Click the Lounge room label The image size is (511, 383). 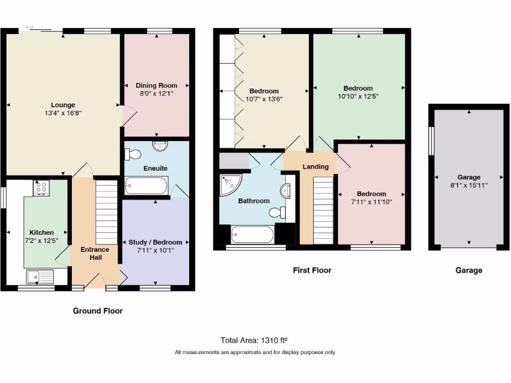[x=63, y=105]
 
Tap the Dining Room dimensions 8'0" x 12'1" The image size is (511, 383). [x=157, y=93]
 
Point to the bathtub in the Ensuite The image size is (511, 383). [x=146, y=186]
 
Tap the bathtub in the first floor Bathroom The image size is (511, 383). [x=253, y=234]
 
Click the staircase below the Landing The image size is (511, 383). [x=323, y=212]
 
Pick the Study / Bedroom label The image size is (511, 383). [x=155, y=242]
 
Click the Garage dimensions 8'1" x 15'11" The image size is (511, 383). [x=469, y=185]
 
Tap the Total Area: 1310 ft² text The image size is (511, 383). [x=255, y=341]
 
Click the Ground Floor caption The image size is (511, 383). [x=98, y=311]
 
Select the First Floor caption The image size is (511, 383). [x=312, y=270]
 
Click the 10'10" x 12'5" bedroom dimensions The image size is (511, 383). [x=358, y=96]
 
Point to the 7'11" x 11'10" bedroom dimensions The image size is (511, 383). [x=371, y=202]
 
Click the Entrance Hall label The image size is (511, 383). [x=96, y=253]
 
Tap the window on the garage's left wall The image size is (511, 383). [x=432, y=141]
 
